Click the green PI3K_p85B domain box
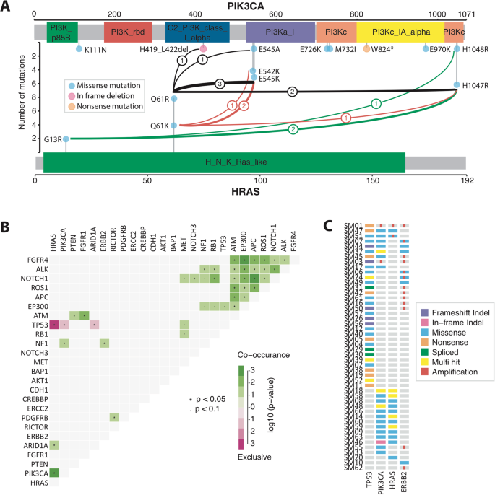[x=62, y=32]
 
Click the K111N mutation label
[x=96, y=50]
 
